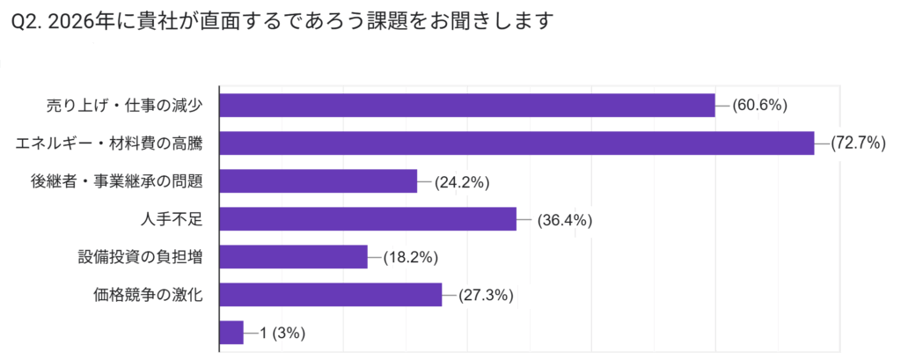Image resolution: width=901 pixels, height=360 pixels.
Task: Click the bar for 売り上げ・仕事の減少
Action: click(466, 105)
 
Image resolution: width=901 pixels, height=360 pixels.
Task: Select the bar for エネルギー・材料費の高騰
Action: click(516, 143)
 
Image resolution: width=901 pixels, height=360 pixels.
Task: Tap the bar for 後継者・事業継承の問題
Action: click(318, 181)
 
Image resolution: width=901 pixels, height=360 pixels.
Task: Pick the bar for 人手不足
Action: click(367, 218)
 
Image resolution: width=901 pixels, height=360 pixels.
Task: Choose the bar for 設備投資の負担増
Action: click(293, 257)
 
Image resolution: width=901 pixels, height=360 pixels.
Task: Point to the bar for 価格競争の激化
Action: click(330, 295)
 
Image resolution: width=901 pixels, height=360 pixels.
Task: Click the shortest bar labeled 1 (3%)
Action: click(231, 333)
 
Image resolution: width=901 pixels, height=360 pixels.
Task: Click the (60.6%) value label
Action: click(759, 106)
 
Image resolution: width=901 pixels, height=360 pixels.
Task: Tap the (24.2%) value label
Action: click(461, 182)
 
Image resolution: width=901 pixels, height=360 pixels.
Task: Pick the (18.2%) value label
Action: click(410, 258)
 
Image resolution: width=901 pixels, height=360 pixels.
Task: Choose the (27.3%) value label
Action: click(485, 296)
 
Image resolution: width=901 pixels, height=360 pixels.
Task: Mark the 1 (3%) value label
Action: click(282, 334)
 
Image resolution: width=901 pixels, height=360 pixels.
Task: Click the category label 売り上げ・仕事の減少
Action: click(126, 106)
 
